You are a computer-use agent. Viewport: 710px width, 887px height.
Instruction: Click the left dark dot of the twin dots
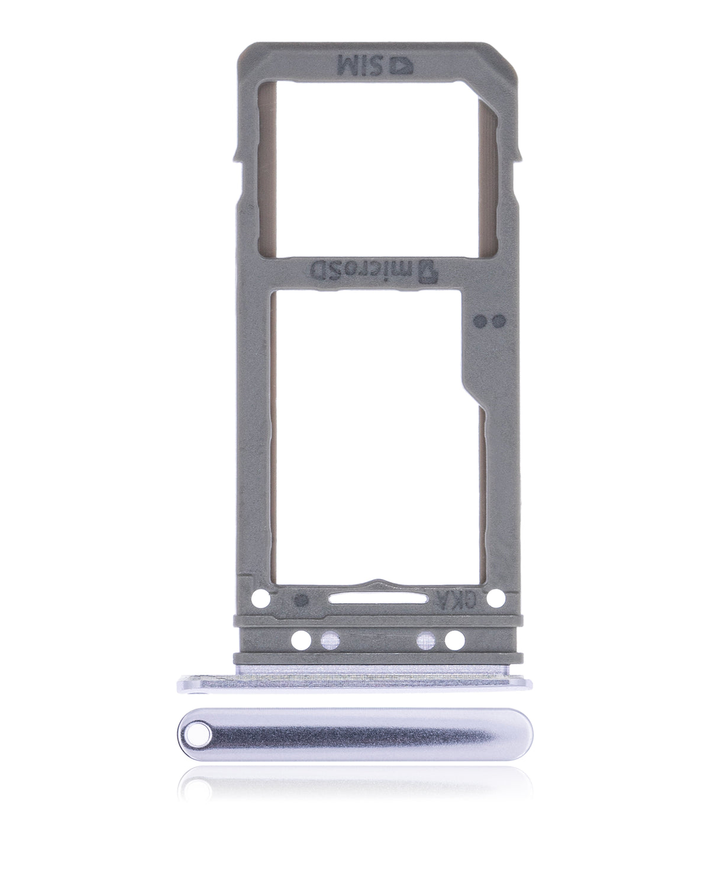[480, 321]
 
